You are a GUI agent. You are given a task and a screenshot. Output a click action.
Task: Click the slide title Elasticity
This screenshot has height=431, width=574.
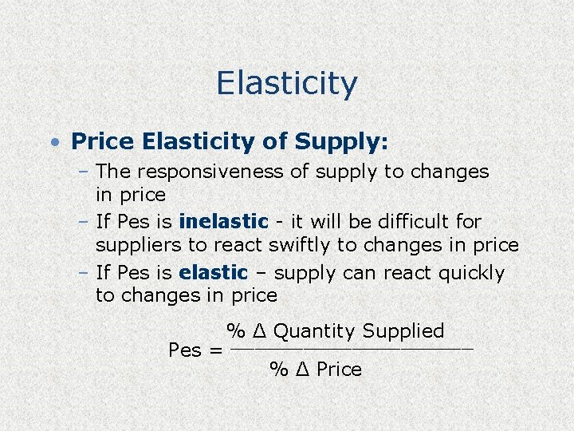(x=286, y=83)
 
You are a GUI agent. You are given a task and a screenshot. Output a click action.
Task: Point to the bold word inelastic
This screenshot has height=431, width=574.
(x=224, y=221)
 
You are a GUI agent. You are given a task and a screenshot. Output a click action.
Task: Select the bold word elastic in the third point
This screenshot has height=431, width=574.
(x=214, y=273)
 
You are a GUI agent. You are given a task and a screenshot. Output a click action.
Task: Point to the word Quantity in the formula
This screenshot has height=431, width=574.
(x=314, y=331)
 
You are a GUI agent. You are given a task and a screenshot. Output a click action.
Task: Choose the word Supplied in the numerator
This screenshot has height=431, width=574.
(x=403, y=331)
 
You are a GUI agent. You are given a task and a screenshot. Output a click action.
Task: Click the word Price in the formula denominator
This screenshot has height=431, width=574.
(x=339, y=370)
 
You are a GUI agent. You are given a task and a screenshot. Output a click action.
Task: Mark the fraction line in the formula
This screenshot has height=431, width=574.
(x=351, y=350)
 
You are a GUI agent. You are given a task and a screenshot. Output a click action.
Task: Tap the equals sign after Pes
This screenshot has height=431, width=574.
(x=214, y=350)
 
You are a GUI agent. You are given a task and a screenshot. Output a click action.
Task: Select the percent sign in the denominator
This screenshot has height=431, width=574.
(x=278, y=370)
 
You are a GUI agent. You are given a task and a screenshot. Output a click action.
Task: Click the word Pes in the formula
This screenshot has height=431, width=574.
(x=185, y=350)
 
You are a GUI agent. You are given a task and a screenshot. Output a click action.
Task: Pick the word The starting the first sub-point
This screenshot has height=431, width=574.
(x=113, y=172)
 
